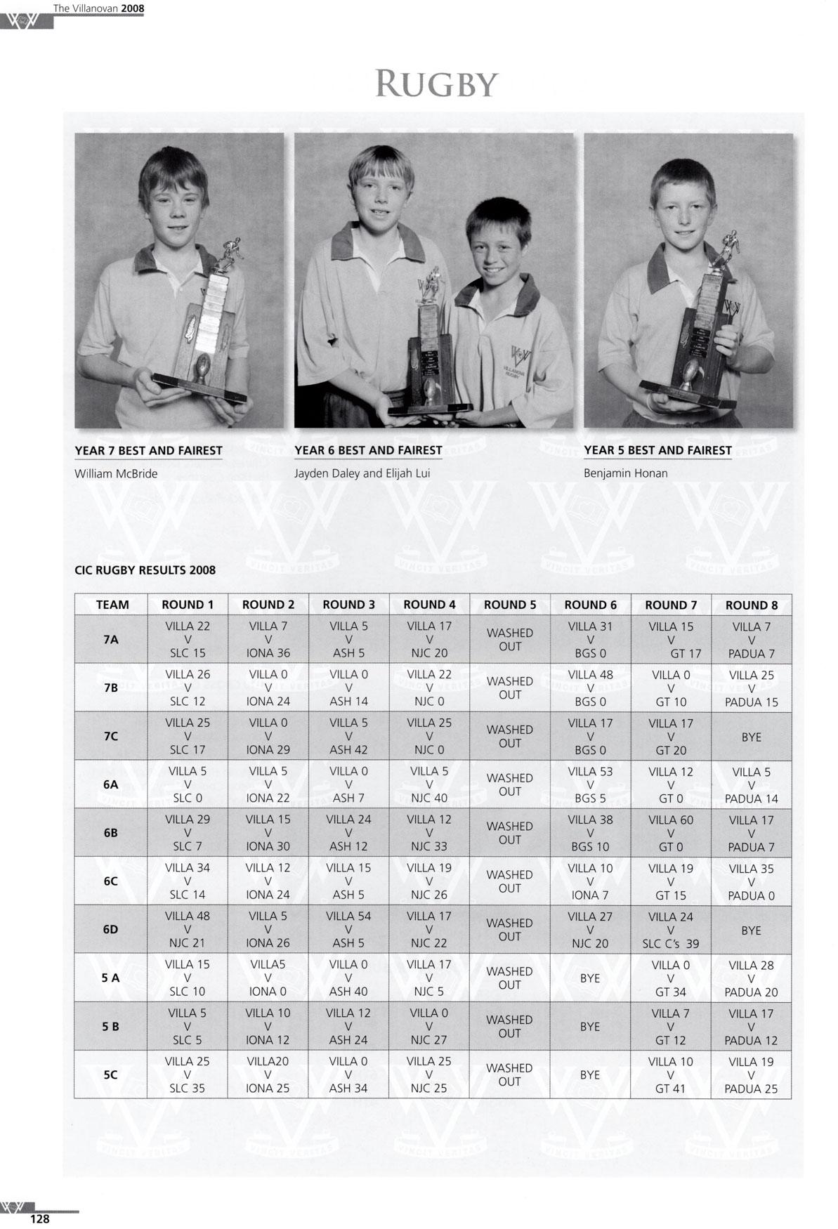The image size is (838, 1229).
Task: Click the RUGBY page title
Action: tap(436, 84)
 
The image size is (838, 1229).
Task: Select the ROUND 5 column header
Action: tap(509, 605)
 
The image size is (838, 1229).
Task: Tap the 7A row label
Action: tap(111, 640)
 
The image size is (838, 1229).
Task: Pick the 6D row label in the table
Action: tap(111, 929)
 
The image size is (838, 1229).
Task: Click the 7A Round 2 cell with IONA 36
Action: tap(268, 640)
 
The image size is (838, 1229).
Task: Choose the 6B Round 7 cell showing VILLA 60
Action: tap(670, 833)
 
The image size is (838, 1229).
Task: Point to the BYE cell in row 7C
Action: tap(751, 737)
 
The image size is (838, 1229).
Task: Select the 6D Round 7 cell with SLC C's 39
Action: tap(670, 930)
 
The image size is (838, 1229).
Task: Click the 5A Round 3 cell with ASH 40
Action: tap(348, 978)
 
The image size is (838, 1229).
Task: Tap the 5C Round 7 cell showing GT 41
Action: tap(670, 1074)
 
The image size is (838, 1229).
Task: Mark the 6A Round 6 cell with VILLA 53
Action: tap(590, 784)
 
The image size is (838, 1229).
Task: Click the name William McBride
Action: tap(116, 473)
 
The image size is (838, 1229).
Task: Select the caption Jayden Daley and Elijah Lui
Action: tap(362, 473)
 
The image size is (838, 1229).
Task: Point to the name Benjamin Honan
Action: tap(625, 473)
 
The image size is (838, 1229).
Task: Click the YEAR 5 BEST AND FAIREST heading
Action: tap(657, 451)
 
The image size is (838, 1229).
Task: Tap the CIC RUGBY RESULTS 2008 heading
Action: tap(145, 570)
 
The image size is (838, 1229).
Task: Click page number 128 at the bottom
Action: tap(39, 1219)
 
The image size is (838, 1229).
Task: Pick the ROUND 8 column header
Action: tap(751, 605)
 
